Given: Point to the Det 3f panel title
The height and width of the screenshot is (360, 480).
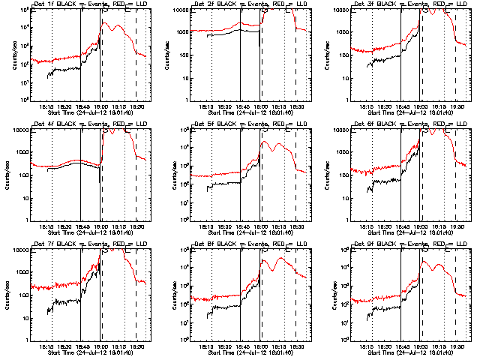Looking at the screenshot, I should (408, 4).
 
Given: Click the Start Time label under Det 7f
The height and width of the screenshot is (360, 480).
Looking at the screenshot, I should (87, 352).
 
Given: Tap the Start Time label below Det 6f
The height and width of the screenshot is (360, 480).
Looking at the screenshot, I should (408, 232).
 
